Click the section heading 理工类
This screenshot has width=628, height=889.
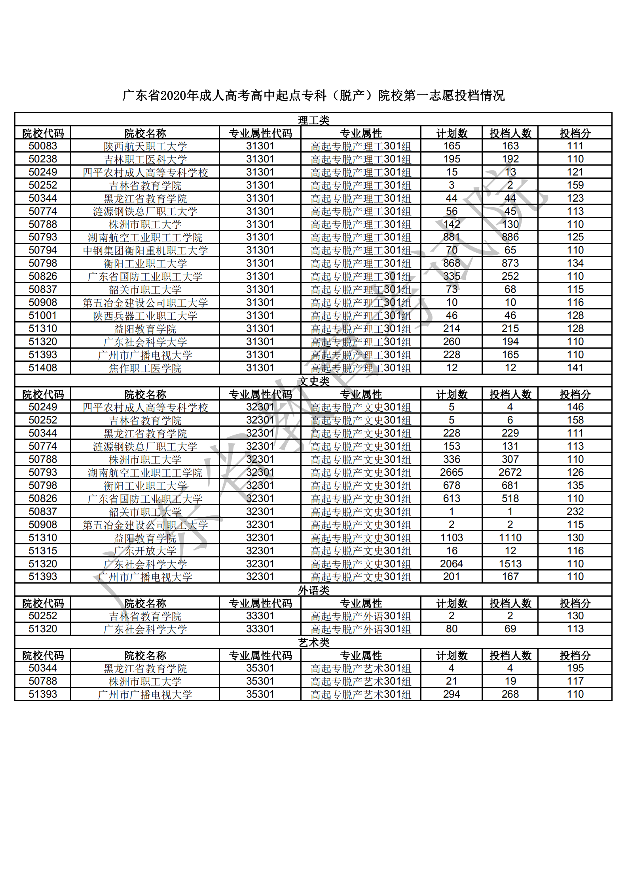(x=313, y=120)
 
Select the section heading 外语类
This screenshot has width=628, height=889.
(x=313, y=590)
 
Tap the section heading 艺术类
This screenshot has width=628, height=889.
(x=313, y=643)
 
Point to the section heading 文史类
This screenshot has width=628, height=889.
(x=313, y=382)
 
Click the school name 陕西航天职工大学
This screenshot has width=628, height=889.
(x=145, y=147)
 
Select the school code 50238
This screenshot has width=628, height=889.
(x=43, y=159)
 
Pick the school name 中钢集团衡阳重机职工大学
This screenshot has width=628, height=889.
(x=145, y=251)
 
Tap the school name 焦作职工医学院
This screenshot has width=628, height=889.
(x=145, y=368)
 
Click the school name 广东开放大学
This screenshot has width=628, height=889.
(x=145, y=551)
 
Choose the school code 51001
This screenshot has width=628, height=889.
(x=43, y=316)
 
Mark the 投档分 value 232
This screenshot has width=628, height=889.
(x=575, y=512)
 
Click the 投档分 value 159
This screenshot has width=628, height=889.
(x=575, y=185)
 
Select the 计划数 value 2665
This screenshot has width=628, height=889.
(x=452, y=473)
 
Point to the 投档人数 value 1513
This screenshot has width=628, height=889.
(x=510, y=564)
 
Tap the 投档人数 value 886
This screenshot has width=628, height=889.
(x=510, y=237)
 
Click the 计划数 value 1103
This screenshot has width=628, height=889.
(x=452, y=538)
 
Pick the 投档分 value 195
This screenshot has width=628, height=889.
(x=575, y=668)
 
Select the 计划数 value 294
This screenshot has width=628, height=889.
(x=452, y=694)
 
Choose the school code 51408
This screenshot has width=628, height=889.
(x=43, y=368)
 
